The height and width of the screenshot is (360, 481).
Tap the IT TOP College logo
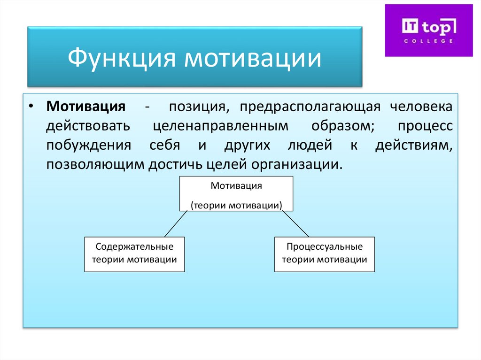point(428,30)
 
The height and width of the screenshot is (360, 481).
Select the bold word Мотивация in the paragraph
point(85,107)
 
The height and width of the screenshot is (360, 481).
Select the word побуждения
point(88,146)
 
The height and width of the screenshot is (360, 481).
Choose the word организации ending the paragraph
point(294,165)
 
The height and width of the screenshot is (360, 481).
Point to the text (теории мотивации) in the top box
point(236,205)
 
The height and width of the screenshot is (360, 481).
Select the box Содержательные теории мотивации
point(134,253)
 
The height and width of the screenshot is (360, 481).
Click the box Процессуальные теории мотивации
point(325,253)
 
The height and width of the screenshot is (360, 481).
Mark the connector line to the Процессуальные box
point(296,224)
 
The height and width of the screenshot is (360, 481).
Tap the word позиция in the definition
point(196,107)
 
